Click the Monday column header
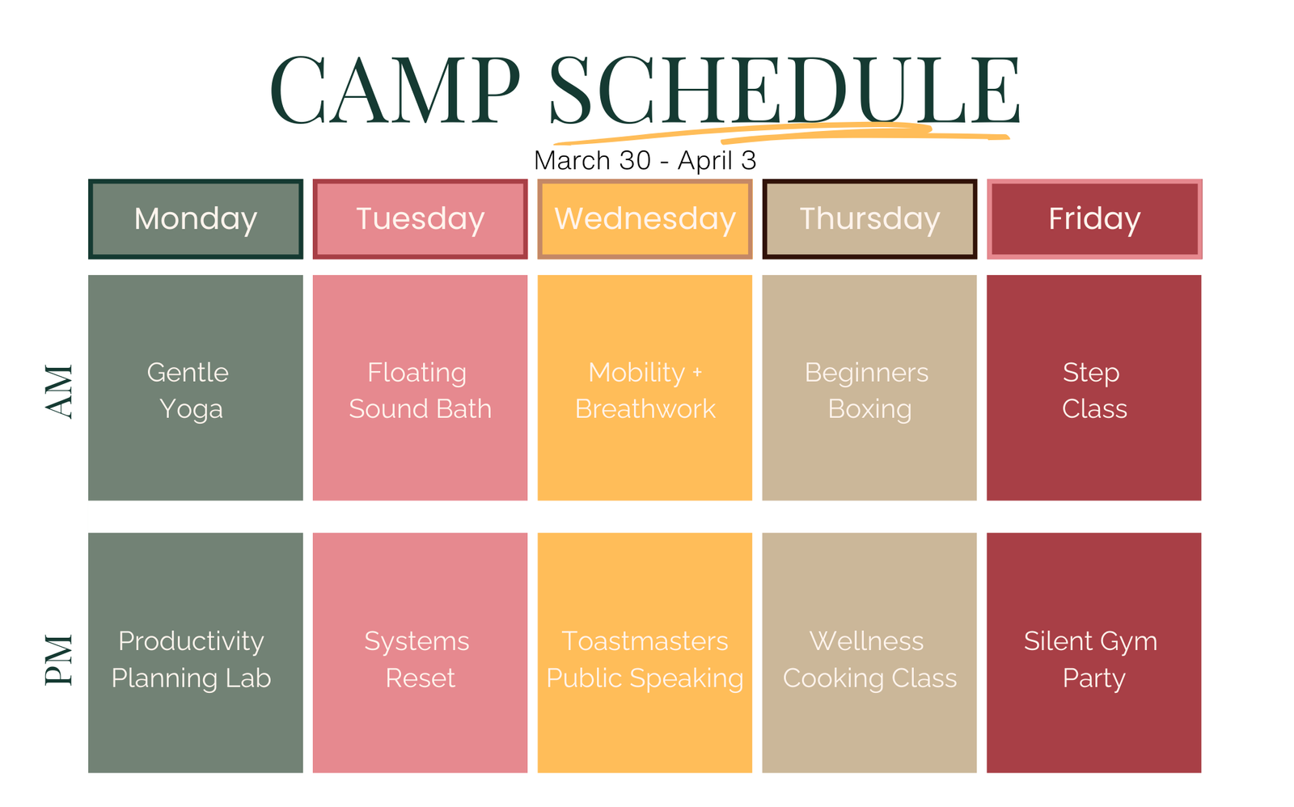195,219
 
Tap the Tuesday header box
420,219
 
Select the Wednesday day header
645,219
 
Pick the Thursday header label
869,219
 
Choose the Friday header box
1094,219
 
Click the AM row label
60,391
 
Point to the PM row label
60,660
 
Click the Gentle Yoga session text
188,391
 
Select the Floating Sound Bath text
420,391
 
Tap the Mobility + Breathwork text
645,391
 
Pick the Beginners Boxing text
868,391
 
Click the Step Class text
1094,391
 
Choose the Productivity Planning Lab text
191,660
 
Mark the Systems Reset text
417,660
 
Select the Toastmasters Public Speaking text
645,660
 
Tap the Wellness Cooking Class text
869,660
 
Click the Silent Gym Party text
1091,660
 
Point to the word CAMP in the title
395,90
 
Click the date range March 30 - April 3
645,160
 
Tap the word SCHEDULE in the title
784,90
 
